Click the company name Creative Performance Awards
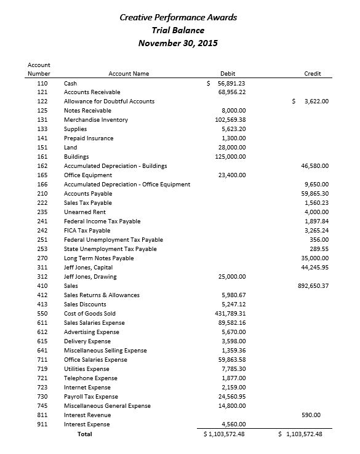click(x=178, y=17)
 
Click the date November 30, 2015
click(x=178, y=43)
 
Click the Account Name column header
click(x=129, y=74)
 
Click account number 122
click(x=42, y=102)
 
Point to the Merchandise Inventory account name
click(x=96, y=120)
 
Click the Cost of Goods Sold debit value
click(x=228, y=314)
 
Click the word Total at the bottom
click(x=84, y=434)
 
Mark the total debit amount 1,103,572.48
click(x=225, y=434)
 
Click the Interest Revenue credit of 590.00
click(x=320, y=415)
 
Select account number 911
click(x=42, y=424)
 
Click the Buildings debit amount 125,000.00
click(x=230, y=157)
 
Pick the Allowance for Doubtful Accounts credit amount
click(x=313, y=102)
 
